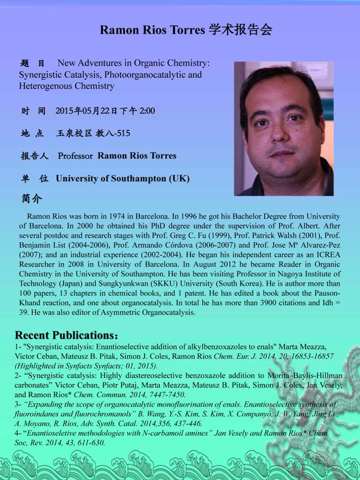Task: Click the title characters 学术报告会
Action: tap(238, 29)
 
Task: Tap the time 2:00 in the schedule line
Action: tap(147, 111)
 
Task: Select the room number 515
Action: tap(123, 133)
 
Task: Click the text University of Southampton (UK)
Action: tap(123, 178)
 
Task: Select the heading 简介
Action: tap(31, 198)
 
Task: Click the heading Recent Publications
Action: tap(63, 335)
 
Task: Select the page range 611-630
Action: tap(87, 442)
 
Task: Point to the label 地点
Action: tap(32, 133)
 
